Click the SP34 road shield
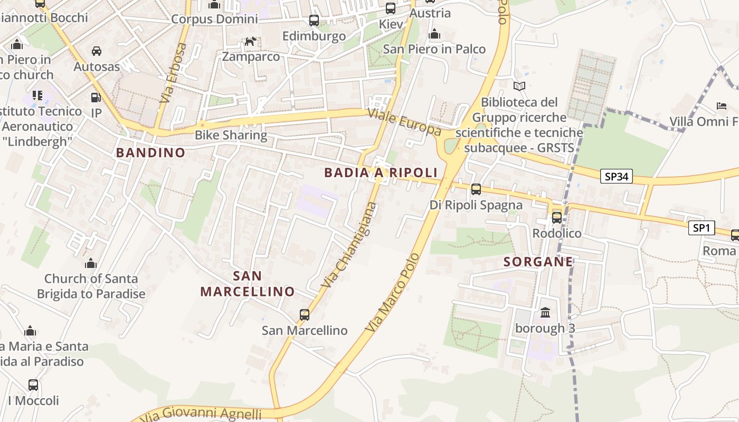(616, 176)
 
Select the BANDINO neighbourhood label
(150, 153)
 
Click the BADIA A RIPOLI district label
(381, 172)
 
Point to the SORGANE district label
(538, 262)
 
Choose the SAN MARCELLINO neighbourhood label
(247, 284)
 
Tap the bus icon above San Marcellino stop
(305, 315)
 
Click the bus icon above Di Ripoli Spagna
(476, 189)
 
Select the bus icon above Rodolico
(557, 217)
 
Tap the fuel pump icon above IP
(96, 98)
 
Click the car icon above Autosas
(97, 51)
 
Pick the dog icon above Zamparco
(250, 41)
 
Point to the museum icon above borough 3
(545, 313)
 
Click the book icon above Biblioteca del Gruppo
(519, 86)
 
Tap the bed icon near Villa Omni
(722, 106)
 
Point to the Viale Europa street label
(404, 122)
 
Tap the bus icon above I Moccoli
(33, 385)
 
